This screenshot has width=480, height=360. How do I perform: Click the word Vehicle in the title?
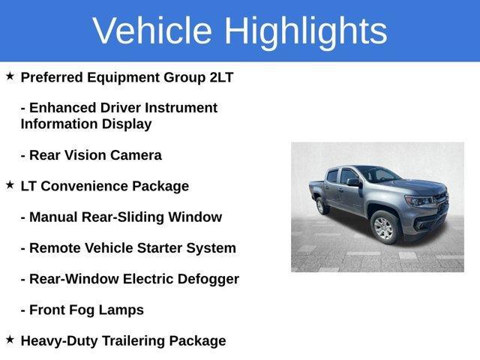coord(152,31)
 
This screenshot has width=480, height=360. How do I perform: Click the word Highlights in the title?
coord(305,31)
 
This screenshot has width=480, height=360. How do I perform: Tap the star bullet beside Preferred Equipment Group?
coord(10,76)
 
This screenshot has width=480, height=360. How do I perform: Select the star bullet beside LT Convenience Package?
coord(10,184)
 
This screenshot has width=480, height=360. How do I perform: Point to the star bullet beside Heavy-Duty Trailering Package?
coord(10,340)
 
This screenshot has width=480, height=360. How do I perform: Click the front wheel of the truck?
coord(383,226)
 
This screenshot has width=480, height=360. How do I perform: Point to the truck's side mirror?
coord(352,183)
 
